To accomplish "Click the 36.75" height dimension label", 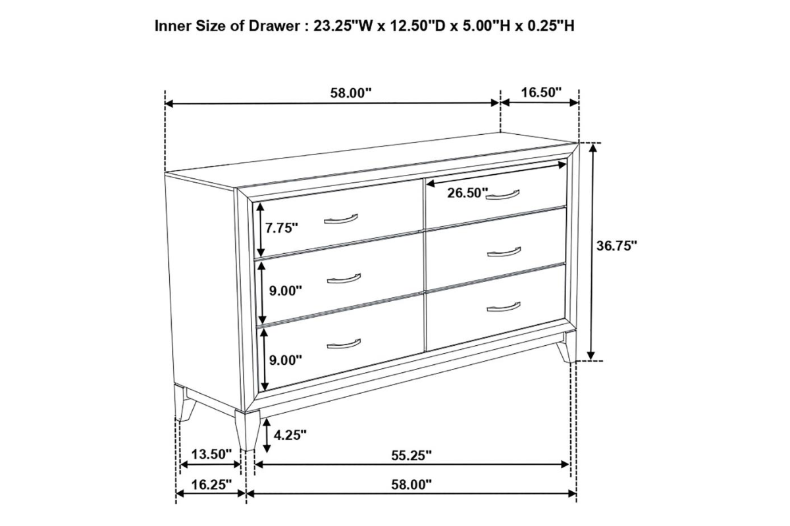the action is coord(617,246).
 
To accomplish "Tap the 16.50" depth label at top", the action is coord(541,93).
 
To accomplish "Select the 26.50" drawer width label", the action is coord(467,193).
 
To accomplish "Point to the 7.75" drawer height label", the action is coord(282,228).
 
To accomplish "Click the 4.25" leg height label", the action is coord(290,435).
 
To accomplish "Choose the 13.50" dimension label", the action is coord(211,454).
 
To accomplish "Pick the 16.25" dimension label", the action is coord(211,485).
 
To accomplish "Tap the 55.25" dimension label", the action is coord(411,456).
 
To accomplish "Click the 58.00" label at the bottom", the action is coord(411,485).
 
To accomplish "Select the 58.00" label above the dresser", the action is coord(351,93).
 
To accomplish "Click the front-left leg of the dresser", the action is coord(248,431).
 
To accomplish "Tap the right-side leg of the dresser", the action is coord(567,348).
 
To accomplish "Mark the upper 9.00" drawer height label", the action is coord(286,291).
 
